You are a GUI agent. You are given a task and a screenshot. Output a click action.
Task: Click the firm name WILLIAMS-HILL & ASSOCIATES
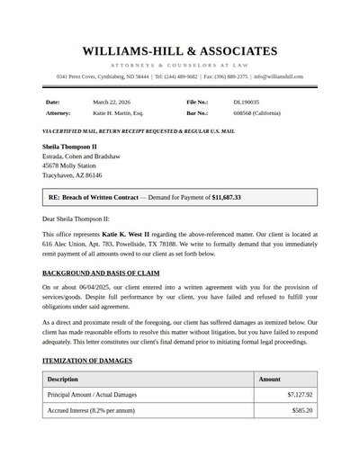180,51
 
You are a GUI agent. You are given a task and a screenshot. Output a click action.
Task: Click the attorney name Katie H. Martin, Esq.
118,114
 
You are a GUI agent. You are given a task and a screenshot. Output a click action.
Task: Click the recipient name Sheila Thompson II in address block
69,146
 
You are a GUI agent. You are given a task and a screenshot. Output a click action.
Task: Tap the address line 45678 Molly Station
69,165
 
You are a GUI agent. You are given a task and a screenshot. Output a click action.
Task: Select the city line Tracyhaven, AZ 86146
72,175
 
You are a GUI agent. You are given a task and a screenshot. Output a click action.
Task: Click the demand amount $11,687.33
226,197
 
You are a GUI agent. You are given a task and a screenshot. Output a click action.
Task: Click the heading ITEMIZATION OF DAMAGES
87,361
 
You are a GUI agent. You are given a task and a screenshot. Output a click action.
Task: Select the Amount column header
269,380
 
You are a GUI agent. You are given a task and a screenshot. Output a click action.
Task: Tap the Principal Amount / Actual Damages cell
92,395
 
